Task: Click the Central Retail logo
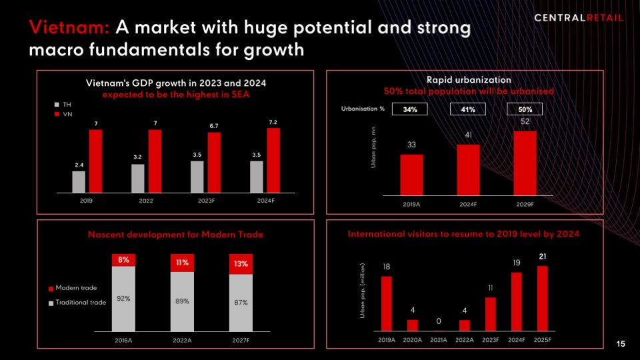pos(579,17)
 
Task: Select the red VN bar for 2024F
pos(273,159)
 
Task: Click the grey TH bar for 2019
pos(79,181)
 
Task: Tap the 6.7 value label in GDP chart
pos(214,125)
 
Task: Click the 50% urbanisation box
pos(525,109)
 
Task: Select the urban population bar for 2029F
pos(525,161)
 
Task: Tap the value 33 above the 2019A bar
pos(412,145)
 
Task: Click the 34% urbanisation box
pos(411,109)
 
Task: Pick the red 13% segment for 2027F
pos(241,264)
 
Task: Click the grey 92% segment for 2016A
pos(123,298)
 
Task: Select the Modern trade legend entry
pos(73,288)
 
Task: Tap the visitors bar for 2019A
pos(387,303)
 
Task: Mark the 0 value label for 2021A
pos(438,321)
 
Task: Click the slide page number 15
pos(621,344)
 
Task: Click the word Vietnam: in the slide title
pos(69,28)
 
